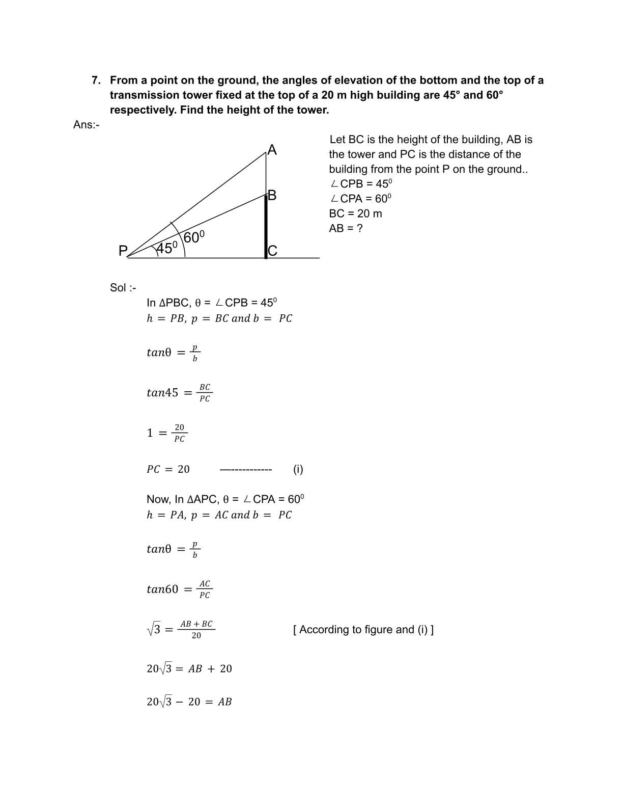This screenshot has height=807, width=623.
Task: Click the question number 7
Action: (96, 80)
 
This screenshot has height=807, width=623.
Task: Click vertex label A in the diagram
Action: (272, 150)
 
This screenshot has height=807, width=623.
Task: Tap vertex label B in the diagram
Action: (272, 195)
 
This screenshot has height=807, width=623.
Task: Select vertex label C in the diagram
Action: (272, 251)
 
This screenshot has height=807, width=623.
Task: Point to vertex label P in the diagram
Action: (123, 251)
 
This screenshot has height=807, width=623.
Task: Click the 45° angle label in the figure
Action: (167, 248)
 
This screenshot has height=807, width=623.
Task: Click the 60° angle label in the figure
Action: (194, 237)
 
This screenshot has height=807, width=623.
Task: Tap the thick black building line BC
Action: (266, 227)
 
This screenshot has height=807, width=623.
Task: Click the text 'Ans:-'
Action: (86, 125)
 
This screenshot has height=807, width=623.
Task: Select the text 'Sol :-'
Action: (123, 288)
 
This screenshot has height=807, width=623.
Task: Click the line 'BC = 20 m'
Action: (355, 213)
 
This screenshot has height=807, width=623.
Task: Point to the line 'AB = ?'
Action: (346, 228)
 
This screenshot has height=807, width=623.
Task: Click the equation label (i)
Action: (298, 469)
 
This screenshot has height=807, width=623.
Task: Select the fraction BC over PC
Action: (205, 393)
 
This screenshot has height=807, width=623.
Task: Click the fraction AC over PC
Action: (205, 589)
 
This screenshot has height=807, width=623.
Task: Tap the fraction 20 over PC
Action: (180, 433)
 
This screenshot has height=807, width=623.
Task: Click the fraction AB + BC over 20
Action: (196, 630)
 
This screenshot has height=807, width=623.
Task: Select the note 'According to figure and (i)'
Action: (363, 630)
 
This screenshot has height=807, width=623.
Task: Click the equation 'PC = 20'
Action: (168, 469)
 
